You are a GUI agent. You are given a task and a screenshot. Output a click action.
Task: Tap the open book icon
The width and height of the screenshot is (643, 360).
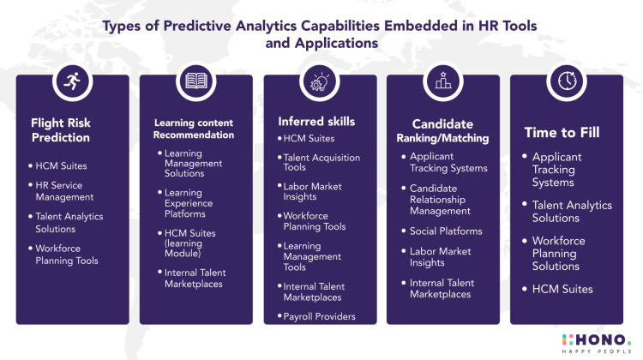195,82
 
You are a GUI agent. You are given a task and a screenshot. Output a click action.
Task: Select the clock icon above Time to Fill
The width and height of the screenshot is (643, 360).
566,82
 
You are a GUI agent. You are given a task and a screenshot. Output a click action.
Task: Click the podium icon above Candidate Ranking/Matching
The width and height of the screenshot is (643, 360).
442,82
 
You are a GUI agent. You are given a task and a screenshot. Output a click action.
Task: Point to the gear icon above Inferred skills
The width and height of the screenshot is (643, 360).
319,82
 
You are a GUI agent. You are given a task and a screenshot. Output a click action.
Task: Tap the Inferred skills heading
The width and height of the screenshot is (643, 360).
316,121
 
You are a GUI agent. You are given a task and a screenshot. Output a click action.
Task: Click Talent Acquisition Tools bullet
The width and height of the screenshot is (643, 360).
321,162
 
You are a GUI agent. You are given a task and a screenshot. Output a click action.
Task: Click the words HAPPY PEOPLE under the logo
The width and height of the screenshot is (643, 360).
590,351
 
